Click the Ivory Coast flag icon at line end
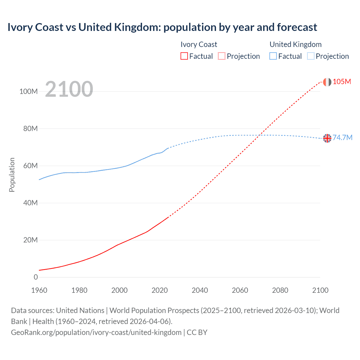(x=327, y=82)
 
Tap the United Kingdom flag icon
(x=327, y=138)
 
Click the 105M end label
(x=342, y=82)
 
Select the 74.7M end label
(x=342, y=138)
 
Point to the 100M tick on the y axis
(x=28, y=91)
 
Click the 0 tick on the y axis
(x=35, y=277)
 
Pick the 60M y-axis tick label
(x=30, y=166)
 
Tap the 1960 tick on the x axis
(x=39, y=290)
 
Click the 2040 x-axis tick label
(x=200, y=290)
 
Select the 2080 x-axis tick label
(x=280, y=290)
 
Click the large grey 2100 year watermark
(x=69, y=89)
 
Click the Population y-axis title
(x=12, y=175)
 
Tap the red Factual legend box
(x=184, y=56)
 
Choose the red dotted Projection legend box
(x=222, y=56)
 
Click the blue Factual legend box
(x=273, y=56)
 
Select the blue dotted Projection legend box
(x=310, y=56)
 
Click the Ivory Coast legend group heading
(x=199, y=44)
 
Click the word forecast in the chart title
(x=297, y=27)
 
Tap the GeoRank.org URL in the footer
(x=96, y=332)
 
